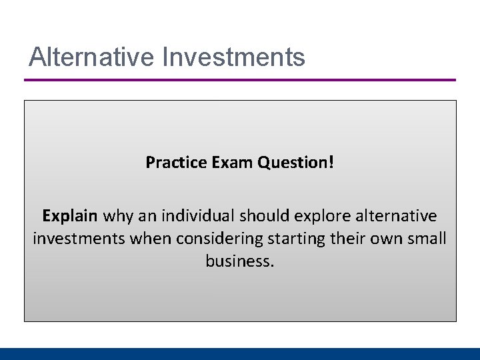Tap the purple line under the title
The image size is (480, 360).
[x=240, y=80]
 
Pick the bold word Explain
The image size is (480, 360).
[x=70, y=217]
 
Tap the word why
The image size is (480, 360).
[x=119, y=217]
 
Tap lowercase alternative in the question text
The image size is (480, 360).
[x=398, y=217]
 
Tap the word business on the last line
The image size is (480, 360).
[x=238, y=261]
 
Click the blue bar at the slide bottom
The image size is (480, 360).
[x=240, y=354]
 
